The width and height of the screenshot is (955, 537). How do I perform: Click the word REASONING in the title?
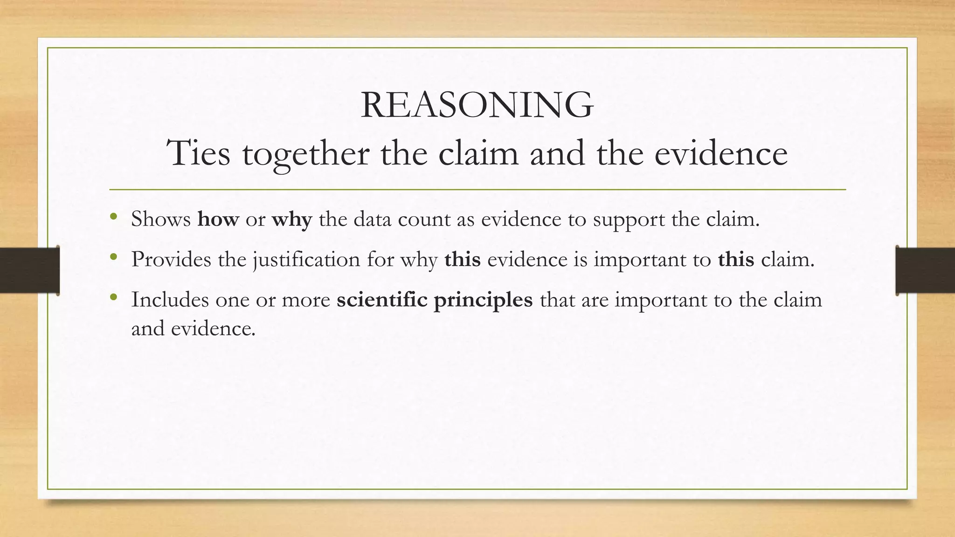click(477, 105)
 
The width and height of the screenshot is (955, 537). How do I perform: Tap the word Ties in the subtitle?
click(199, 153)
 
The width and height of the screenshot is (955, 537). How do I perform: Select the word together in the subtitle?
click(306, 154)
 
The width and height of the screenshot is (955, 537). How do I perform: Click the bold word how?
click(218, 219)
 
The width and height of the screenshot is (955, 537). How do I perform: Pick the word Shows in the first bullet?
click(161, 219)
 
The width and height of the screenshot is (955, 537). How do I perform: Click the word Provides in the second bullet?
click(171, 259)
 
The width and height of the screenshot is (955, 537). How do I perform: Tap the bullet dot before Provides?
click(113, 257)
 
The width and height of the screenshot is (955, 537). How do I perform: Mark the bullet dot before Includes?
click(113, 297)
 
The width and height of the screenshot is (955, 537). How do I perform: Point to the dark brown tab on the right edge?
click(925, 270)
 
